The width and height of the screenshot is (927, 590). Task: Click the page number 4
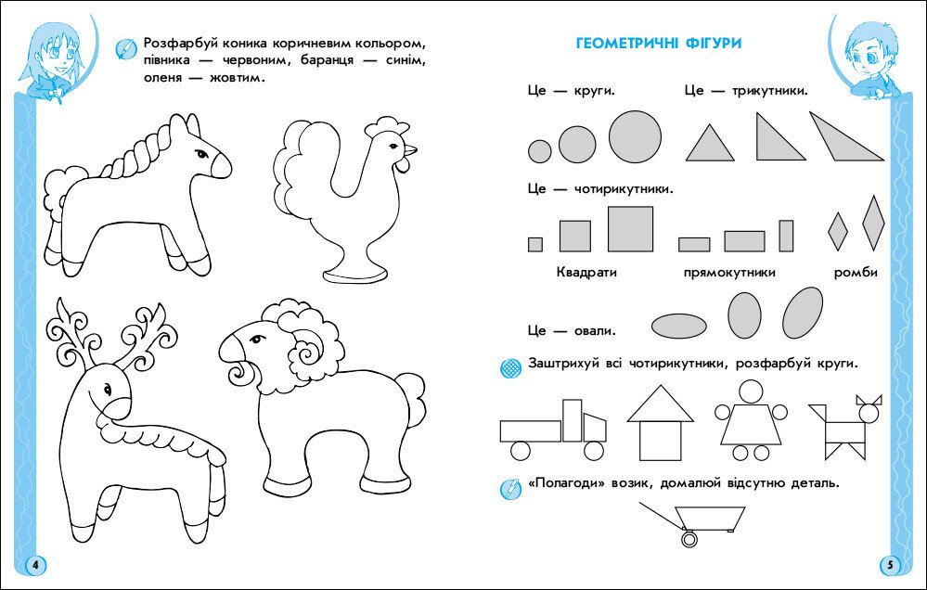click(34, 565)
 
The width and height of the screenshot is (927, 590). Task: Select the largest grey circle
click(635, 136)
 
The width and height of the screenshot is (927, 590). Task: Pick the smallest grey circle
click(539, 150)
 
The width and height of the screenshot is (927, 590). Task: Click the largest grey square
click(630, 228)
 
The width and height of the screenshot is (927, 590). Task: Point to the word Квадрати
click(586, 273)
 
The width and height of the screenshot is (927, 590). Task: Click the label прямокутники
click(728, 273)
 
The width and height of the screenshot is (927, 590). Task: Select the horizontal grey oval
click(679, 325)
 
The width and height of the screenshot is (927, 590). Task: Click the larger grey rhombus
click(873, 223)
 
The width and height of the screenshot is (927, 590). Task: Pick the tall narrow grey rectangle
click(786, 236)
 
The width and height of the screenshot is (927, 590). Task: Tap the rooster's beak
click(408, 149)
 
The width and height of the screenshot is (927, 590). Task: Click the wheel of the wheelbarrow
click(689, 538)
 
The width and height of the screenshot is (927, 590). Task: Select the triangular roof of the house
click(660, 406)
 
